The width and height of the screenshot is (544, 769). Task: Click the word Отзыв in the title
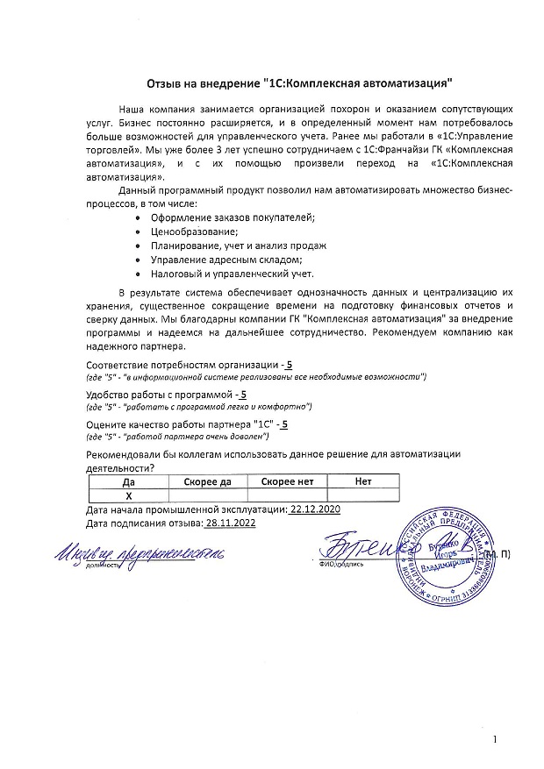[165, 84]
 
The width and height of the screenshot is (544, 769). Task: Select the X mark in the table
[129, 495]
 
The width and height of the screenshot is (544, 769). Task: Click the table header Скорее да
[208, 481]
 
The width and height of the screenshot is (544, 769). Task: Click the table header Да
[129, 481]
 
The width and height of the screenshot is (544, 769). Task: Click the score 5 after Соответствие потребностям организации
[290, 364]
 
